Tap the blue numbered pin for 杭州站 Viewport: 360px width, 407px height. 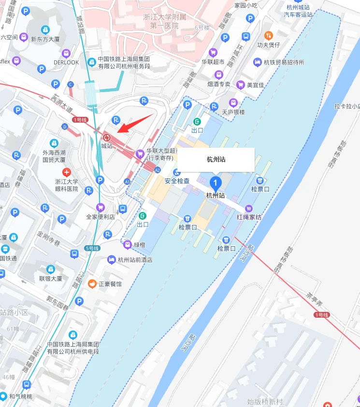216,183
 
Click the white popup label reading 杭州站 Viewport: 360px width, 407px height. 216,159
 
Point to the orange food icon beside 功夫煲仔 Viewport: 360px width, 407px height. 268,35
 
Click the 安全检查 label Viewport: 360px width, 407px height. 177,181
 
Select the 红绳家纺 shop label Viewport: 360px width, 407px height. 249,217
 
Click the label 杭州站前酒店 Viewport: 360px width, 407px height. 135,259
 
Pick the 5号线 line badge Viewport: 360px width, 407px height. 92,248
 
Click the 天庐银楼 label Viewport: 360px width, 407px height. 233,112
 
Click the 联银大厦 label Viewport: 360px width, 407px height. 51,279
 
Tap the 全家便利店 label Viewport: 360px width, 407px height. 101,217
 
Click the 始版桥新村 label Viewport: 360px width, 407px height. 265,401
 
